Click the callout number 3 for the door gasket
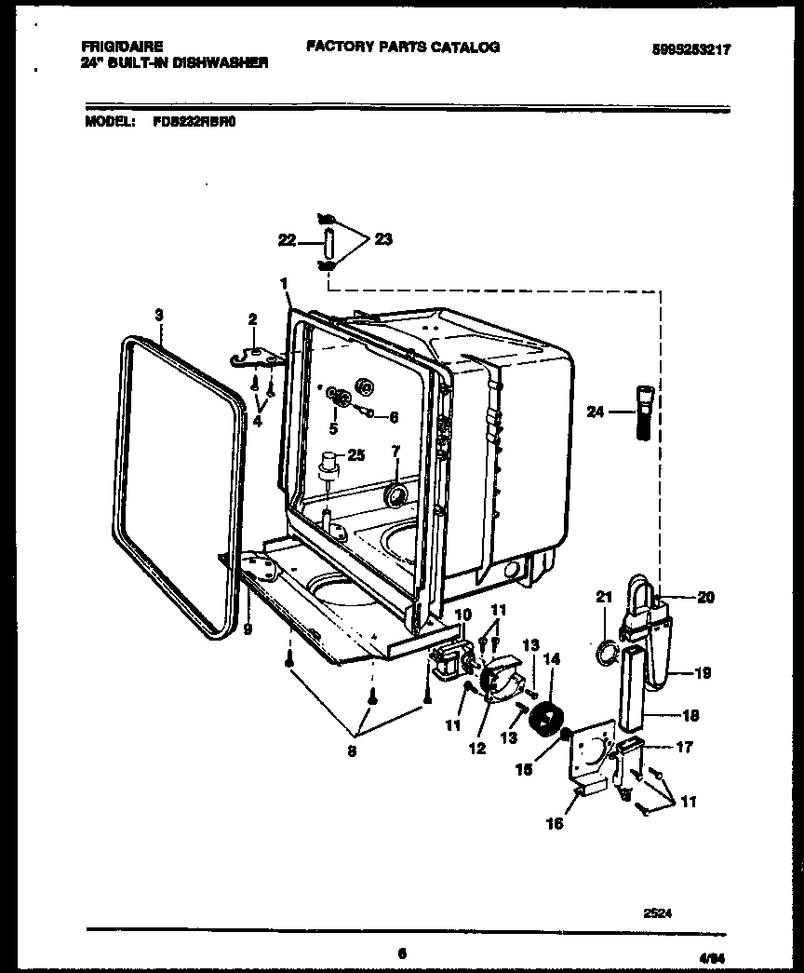[x=159, y=316]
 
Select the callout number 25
[x=355, y=454]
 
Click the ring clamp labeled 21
[x=605, y=654]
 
